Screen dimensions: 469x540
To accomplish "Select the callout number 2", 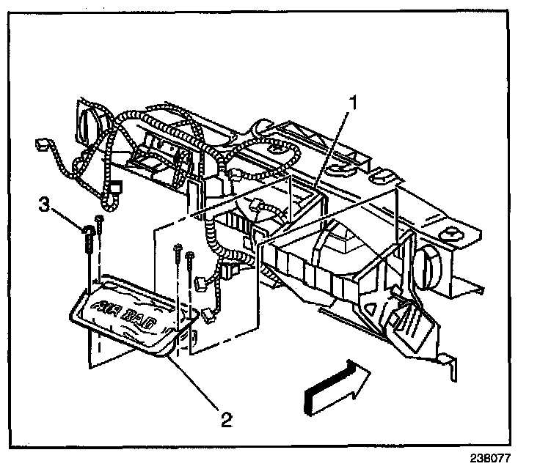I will click(x=226, y=420).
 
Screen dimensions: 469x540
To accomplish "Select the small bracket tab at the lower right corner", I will click(x=448, y=363).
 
